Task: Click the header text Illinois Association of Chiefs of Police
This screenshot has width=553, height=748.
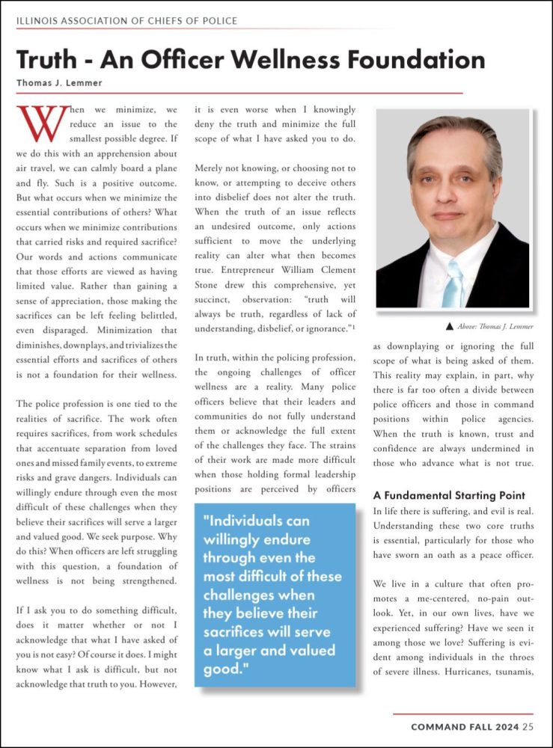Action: pyautogui.click(x=126, y=20)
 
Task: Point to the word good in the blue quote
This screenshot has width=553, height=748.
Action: pyautogui.click(x=221, y=668)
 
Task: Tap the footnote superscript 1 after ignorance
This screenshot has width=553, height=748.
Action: pyautogui.click(x=354, y=324)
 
